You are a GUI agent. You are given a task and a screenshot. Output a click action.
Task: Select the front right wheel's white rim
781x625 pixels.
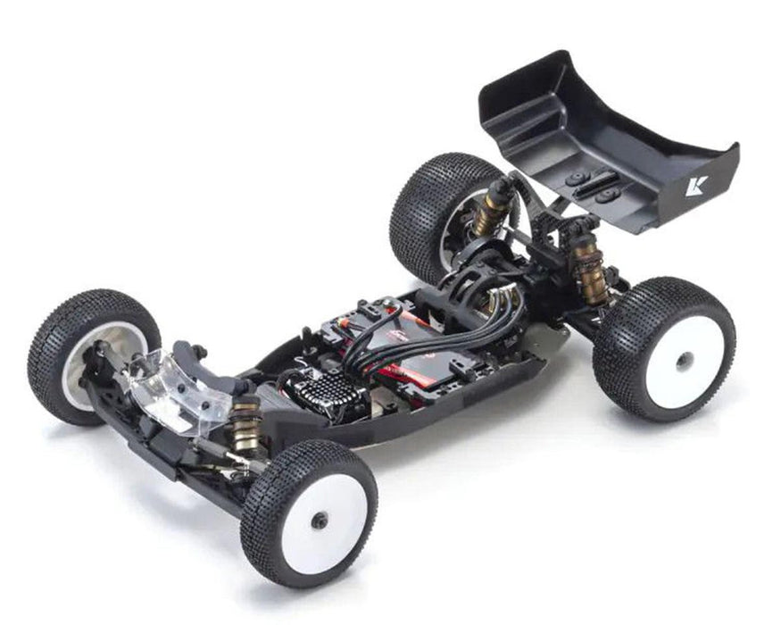coord(325,521)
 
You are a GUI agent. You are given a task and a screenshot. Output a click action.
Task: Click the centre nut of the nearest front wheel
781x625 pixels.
coord(320,521)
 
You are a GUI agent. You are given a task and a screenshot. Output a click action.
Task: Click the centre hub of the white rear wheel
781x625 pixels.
coord(684,359)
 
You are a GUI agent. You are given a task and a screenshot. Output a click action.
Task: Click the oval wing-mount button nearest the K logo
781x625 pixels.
coord(609,195)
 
